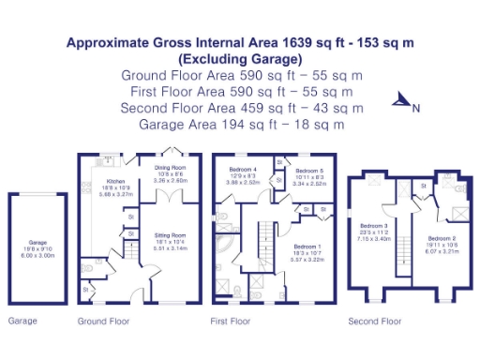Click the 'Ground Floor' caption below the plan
103,322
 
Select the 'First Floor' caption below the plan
231,322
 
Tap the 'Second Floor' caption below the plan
374,322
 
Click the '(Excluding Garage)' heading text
240,58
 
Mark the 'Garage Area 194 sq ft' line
240,123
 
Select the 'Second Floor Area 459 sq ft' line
240,107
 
